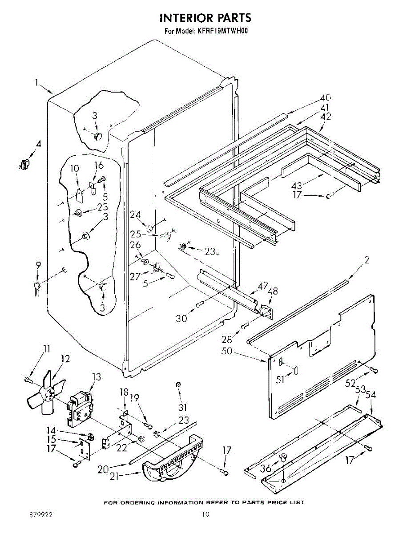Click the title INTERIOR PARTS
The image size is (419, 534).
[205, 18]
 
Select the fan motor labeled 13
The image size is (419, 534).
[80, 407]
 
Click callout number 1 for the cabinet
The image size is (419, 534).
[37, 82]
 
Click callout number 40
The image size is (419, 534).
[326, 97]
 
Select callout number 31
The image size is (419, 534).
[183, 407]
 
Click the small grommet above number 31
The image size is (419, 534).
[178, 384]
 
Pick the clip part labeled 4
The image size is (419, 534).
[25, 164]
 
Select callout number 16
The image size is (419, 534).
[98, 166]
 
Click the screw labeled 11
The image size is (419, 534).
[28, 379]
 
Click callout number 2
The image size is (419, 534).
[367, 261]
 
